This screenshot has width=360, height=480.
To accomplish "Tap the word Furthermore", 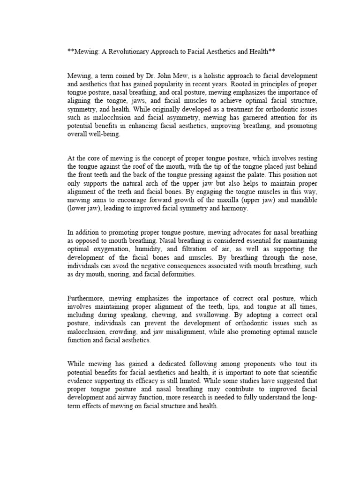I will click(x=86, y=298).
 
